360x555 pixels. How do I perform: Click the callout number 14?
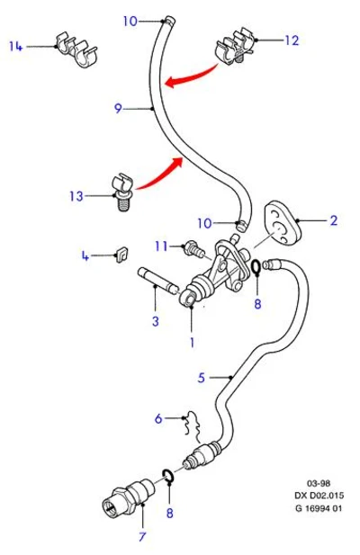point(16,46)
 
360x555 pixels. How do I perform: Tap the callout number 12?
point(292,40)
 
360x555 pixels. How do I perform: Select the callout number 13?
point(76,196)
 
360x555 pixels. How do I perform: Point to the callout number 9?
point(118,108)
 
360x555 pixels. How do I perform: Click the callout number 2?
point(334,220)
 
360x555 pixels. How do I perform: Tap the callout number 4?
point(85,255)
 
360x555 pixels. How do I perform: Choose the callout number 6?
point(158,418)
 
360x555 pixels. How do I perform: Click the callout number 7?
point(142,537)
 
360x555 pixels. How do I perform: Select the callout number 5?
point(201,377)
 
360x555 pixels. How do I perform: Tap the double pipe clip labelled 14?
point(77,49)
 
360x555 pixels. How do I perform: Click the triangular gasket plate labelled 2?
point(282,223)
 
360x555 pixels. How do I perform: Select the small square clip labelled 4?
point(121,255)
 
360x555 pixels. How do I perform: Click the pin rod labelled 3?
point(158,282)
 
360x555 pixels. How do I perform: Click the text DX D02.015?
point(319,495)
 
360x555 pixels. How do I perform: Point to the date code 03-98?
point(319,483)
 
